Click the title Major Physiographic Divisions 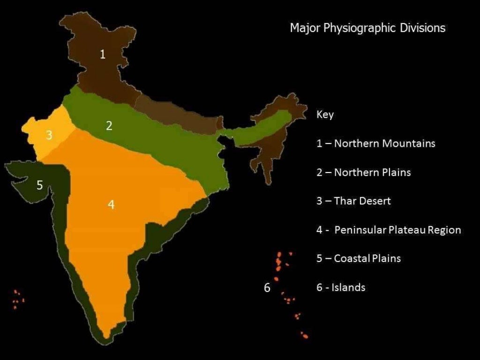367,28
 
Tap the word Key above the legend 325,115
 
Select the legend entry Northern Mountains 376,143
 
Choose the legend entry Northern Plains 364,172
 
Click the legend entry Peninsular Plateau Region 389,230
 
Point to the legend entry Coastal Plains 359,258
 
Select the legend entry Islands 341,287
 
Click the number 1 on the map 103,54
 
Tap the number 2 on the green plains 109,126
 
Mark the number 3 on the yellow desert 49,136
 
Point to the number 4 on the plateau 111,204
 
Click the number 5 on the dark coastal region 40,185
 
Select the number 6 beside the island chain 267,288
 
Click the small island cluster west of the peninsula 18,299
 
